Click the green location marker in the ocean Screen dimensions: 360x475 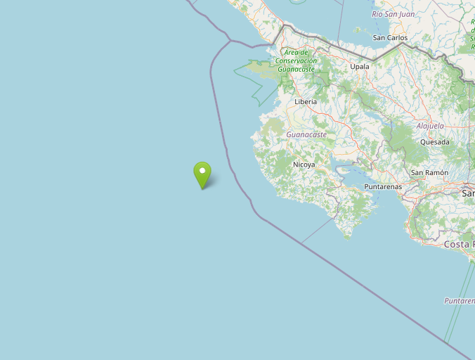(x=202, y=174)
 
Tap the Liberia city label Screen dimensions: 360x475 (x=306, y=102)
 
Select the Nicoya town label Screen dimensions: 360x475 (x=304, y=165)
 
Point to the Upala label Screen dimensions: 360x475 (x=360, y=67)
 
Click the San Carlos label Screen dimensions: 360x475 (x=391, y=38)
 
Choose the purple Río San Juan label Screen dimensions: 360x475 (x=393, y=14)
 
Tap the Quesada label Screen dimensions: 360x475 (x=434, y=142)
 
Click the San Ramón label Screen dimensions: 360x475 (x=429, y=173)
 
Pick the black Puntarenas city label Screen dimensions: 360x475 (x=383, y=187)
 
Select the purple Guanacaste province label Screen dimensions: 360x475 (x=306, y=134)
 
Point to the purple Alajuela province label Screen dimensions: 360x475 (x=430, y=126)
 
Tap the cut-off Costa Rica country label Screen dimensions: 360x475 (x=459, y=245)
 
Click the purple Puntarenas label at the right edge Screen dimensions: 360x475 (x=459, y=301)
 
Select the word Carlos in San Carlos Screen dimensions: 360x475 (x=397, y=38)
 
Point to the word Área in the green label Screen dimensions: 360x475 (x=291, y=52)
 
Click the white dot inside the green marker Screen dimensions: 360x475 (x=202, y=169)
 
